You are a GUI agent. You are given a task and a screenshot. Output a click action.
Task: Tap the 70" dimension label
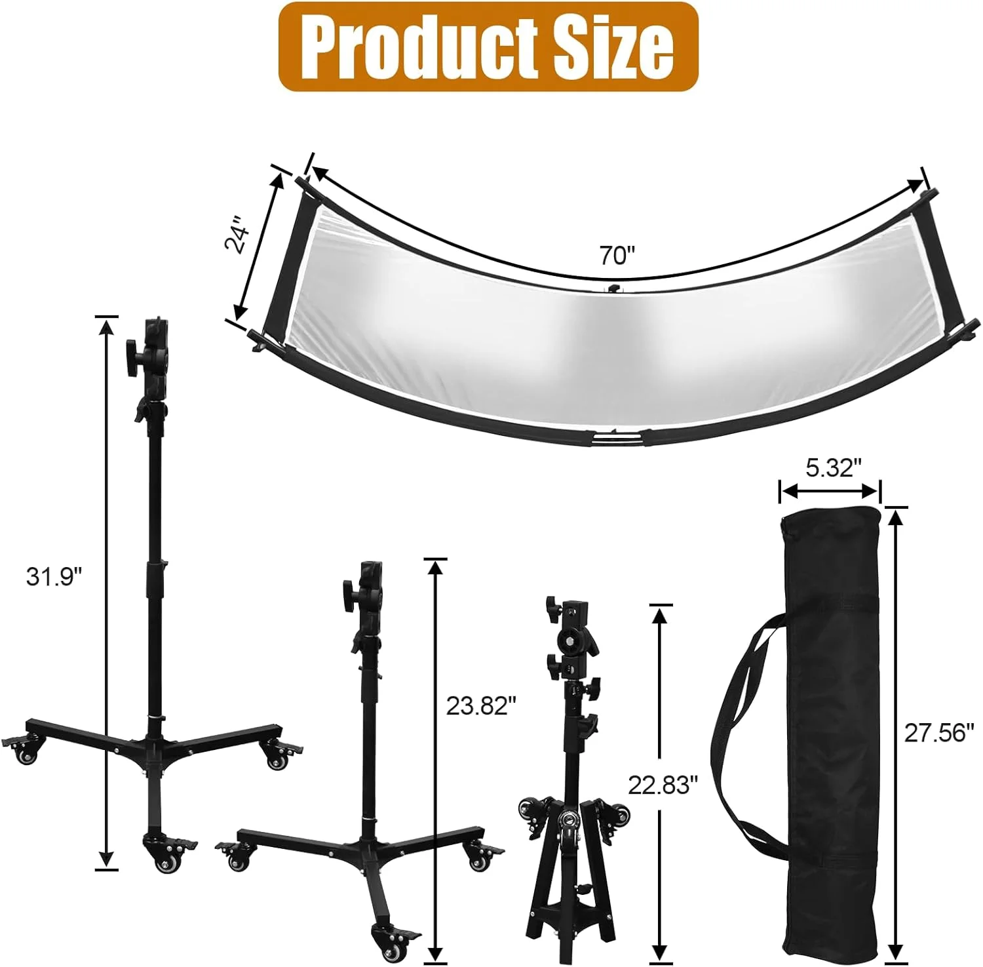[617, 255]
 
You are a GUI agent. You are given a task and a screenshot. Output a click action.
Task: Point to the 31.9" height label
[54, 577]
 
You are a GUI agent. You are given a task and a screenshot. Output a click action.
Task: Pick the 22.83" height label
[663, 784]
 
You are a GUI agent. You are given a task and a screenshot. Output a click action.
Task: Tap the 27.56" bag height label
[935, 732]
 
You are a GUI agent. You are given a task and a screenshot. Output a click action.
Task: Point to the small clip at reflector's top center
[613, 288]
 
